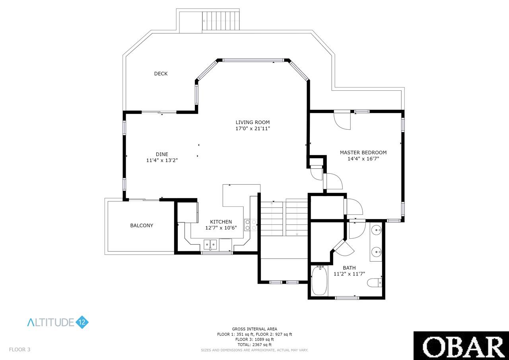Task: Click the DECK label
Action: [x=161, y=74]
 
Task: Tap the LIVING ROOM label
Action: [x=253, y=122]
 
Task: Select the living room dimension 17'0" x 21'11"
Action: [x=253, y=128]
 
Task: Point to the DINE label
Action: [x=162, y=154]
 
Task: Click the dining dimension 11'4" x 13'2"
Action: [x=162, y=160]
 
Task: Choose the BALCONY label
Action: [x=142, y=226]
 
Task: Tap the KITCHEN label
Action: [x=221, y=222]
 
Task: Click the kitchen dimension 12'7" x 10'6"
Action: [x=221, y=228]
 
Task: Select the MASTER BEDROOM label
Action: [x=363, y=152]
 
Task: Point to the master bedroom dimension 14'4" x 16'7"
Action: [x=363, y=159]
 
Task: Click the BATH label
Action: [x=349, y=268]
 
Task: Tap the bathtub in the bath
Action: [x=319, y=281]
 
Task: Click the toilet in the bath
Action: [x=375, y=283]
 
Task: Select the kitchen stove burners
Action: [x=251, y=225]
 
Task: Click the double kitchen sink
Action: [x=210, y=245]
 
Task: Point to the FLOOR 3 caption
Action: [x=19, y=350]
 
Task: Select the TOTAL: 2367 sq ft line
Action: [x=254, y=344]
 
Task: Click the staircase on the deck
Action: [x=221, y=21]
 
